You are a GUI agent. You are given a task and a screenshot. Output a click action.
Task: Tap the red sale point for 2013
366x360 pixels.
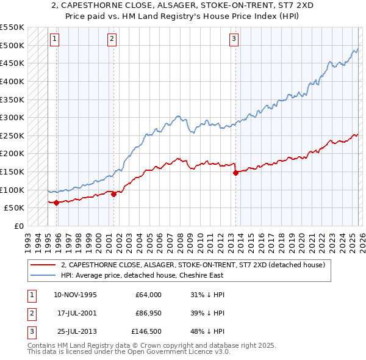tap(235, 173)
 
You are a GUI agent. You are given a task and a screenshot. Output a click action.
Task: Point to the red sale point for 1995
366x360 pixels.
tap(56, 203)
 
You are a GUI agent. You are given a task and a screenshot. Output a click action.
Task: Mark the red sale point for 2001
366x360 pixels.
tap(113, 194)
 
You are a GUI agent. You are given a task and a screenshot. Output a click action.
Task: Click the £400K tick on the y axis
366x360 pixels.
tap(12, 81)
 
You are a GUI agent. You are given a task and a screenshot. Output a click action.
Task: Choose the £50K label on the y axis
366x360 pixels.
tap(14, 208)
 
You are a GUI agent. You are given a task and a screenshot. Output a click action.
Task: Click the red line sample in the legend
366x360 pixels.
tap(44, 265)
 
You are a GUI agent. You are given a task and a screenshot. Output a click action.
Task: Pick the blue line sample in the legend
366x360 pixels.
tap(44, 275)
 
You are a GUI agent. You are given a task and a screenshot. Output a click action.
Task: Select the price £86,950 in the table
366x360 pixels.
tap(148, 313)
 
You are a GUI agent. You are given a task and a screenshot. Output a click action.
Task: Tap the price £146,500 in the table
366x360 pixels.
tap(146, 331)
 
